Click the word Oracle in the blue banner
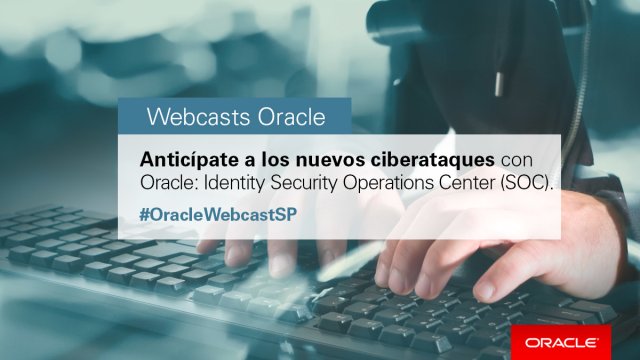(x=289, y=116)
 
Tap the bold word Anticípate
(x=189, y=160)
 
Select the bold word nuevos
(x=325, y=160)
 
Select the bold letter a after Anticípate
(x=249, y=161)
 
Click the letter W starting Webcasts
(x=156, y=116)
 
